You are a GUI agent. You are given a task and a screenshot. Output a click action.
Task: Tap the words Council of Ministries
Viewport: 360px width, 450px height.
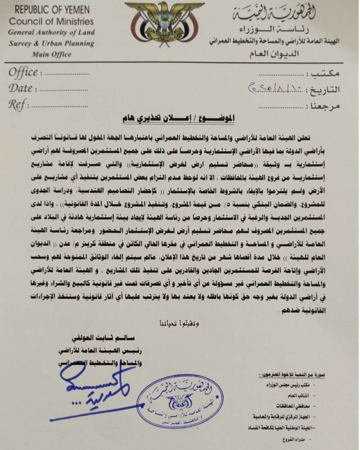51,21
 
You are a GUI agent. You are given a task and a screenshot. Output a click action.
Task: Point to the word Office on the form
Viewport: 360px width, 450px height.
23,73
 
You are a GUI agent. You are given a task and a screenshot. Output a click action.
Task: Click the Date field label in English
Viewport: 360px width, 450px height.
20,88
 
